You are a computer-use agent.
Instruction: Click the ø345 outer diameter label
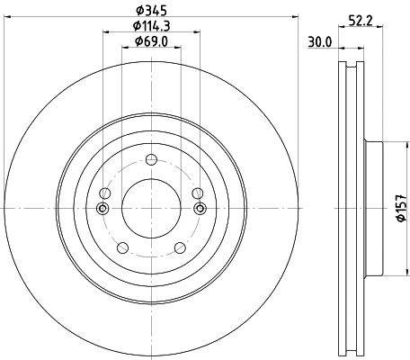click(147, 11)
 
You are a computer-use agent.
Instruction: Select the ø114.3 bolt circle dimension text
click(147, 27)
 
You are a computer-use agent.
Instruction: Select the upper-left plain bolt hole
click(105, 194)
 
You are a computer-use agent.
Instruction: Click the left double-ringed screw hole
click(102, 209)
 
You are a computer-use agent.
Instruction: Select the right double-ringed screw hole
click(199, 209)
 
